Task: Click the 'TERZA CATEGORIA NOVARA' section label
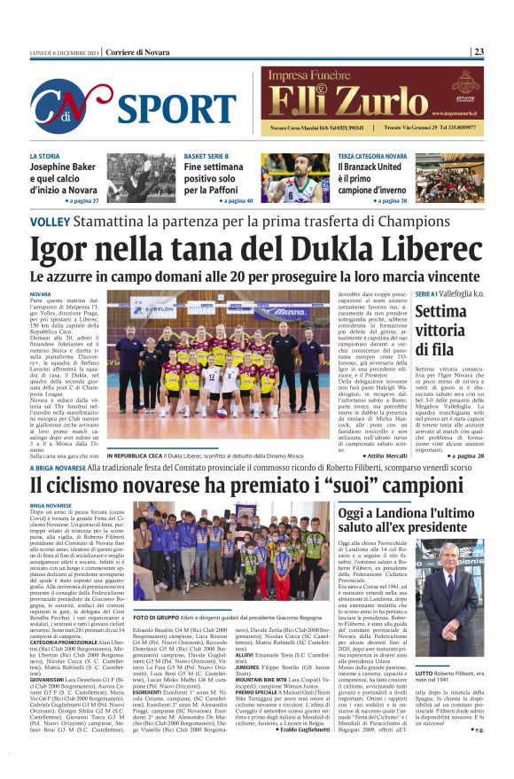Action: [x=372, y=156]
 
